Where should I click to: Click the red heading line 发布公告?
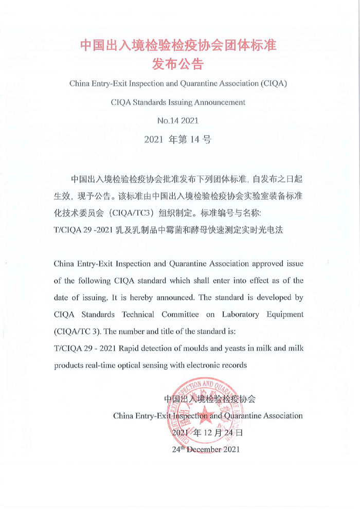(179, 65)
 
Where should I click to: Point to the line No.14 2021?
(179, 121)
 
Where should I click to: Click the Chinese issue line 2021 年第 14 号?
(179, 139)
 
